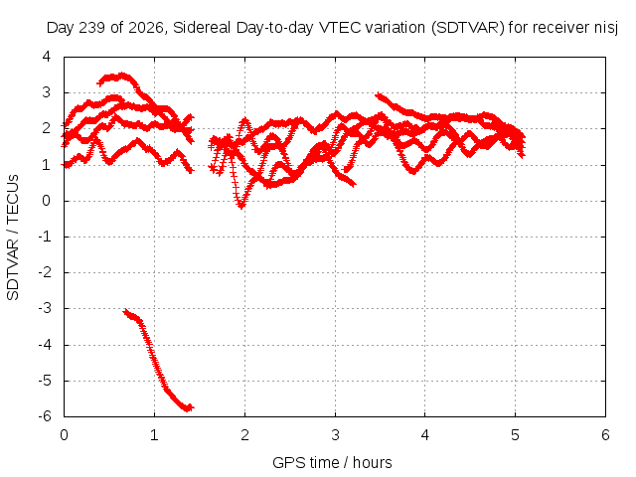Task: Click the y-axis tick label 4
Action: pos(47,57)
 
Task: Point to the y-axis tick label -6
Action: pos(45,416)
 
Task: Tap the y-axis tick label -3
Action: pos(45,308)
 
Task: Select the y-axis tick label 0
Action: pos(47,201)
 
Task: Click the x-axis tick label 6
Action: pos(605,435)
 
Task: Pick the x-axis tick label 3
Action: pos(335,435)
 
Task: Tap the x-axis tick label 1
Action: pos(154,435)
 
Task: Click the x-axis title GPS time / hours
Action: pos(332,463)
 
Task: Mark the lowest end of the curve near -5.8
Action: pos(189,407)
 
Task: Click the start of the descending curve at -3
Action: pos(125,311)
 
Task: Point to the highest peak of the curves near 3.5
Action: pos(122,76)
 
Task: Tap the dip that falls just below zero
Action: pos(241,206)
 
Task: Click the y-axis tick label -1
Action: pos(45,237)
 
